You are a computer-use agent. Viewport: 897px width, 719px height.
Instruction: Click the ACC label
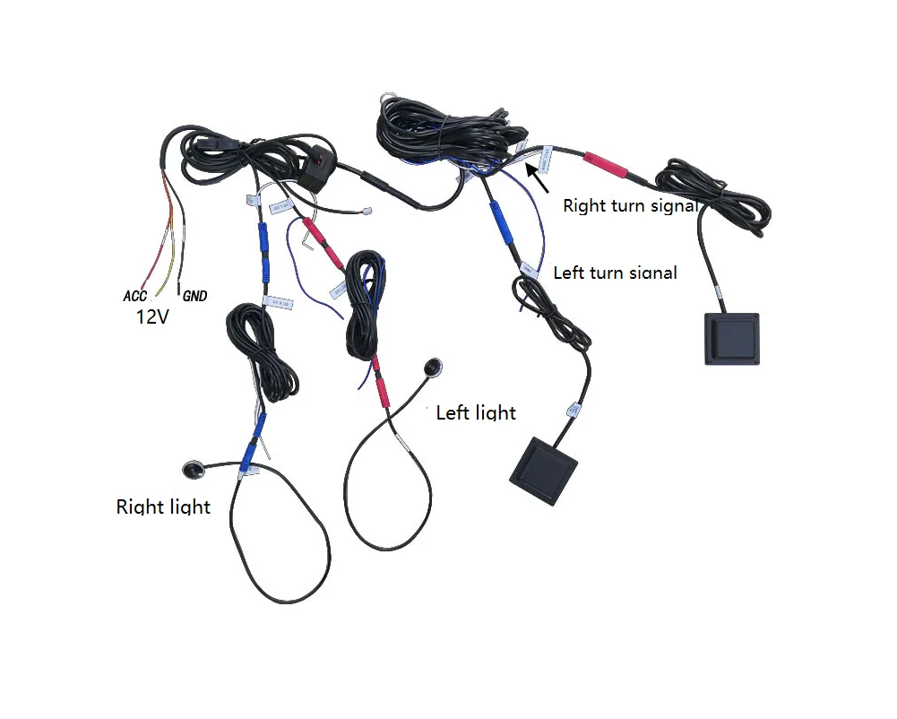tap(134, 296)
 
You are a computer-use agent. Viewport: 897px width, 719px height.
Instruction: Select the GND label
tap(194, 296)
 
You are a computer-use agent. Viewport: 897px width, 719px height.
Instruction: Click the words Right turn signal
tap(629, 205)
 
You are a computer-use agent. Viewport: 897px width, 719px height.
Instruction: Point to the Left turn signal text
tap(615, 272)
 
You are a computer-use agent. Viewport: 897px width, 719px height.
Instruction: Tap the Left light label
tap(476, 412)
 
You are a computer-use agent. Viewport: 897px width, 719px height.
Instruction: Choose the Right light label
tap(163, 507)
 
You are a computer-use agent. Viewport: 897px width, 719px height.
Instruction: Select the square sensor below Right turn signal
tap(731, 338)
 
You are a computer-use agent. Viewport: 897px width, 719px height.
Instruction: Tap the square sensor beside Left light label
tap(544, 470)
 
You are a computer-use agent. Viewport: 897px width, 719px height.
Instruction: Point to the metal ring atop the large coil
tap(388, 100)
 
